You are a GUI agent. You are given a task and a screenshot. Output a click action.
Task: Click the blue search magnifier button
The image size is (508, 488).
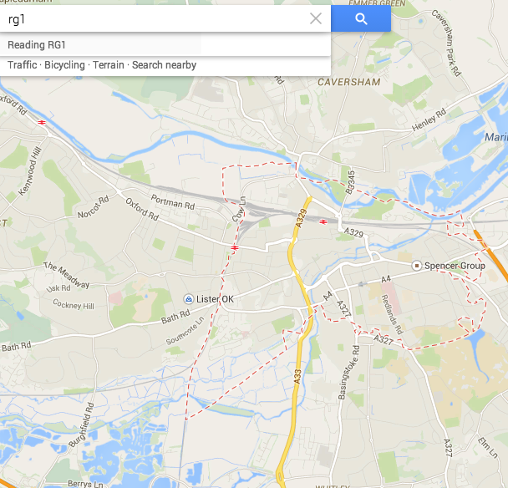point(361,19)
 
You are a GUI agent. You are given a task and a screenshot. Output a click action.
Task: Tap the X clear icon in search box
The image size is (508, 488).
point(316,19)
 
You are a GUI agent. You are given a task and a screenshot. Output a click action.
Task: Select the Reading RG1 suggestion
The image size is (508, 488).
point(37,44)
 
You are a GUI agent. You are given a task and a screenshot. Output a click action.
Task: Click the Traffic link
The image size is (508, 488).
point(23,65)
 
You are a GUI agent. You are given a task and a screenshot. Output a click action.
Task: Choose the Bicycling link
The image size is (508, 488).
point(64,65)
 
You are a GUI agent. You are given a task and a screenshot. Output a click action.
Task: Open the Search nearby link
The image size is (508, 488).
point(164,65)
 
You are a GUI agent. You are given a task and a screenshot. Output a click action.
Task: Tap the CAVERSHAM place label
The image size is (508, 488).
point(348,83)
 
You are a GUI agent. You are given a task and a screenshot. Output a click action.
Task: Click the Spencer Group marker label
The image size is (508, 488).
point(455,266)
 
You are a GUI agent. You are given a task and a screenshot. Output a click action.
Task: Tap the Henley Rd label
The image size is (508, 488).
point(429,119)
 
